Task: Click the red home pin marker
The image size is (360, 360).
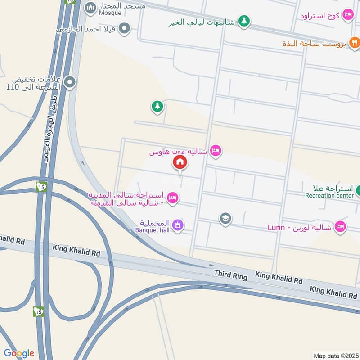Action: coord(180,162)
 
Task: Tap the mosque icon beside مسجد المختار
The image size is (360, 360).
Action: coord(90,7)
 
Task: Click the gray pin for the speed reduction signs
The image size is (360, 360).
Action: coord(69,82)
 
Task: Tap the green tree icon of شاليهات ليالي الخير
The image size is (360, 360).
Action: coord(244,21)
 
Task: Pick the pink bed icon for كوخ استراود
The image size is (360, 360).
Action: coord(348,15)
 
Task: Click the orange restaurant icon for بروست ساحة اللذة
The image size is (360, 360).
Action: coord(355,43)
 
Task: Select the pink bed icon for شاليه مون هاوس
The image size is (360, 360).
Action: coord(216,151)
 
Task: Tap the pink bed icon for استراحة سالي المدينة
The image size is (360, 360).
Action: coord(173,198)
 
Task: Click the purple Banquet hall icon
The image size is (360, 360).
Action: coord(178,225)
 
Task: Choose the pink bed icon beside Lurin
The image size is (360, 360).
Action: coord(341,227)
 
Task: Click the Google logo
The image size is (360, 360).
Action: coord(19,353)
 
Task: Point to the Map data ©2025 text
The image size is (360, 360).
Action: coord(335,355)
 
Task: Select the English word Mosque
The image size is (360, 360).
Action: coord(110,13)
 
